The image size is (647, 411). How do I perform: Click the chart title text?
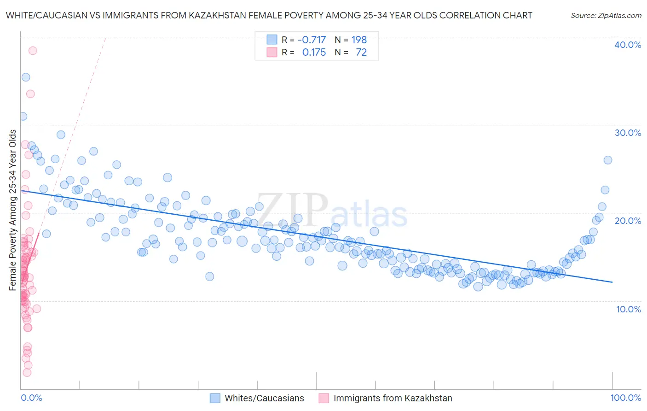(x=269, y=15)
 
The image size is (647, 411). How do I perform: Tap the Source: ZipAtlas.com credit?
(x=606, y=15)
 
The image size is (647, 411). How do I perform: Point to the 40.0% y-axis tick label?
(x=628, y=45)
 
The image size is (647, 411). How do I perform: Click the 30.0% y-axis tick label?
(x=628, y=133)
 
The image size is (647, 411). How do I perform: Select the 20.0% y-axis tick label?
(x=628, y=221)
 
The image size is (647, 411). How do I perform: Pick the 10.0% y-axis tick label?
(x=628, y=309)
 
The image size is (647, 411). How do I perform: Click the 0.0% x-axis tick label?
(x=31, y=398)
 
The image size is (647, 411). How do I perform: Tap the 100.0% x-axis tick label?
(x=625, y=398)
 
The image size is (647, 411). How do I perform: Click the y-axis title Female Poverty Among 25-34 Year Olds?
(x=13, y=210)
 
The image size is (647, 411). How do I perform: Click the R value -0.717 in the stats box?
(x=312, y=40)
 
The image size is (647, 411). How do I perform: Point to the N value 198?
(x=359, y=40)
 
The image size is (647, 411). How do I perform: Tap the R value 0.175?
(x=314, y=53)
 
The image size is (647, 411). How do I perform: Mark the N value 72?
(x=361, y=53)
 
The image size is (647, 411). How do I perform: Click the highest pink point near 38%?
(x=33, y=51)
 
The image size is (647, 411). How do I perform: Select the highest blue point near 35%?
(x=26, y=77)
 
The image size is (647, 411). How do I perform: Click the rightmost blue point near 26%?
(x=607, y=160)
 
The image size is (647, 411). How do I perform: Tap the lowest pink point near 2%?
(x=27, y=372)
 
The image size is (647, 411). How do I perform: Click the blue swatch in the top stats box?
(x=272, y=40)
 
